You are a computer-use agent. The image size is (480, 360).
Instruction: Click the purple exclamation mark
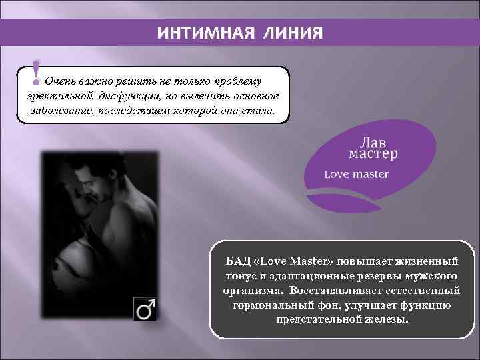point(37,73)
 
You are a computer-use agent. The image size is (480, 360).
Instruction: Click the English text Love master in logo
point(356,175)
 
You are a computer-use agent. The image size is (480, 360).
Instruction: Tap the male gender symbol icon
point(146,309)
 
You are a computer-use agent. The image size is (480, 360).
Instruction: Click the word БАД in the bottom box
point(238,260)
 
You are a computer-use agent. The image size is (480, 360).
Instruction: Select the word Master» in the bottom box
point(317,260)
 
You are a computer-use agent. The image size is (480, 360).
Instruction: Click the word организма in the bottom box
point(251,290)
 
